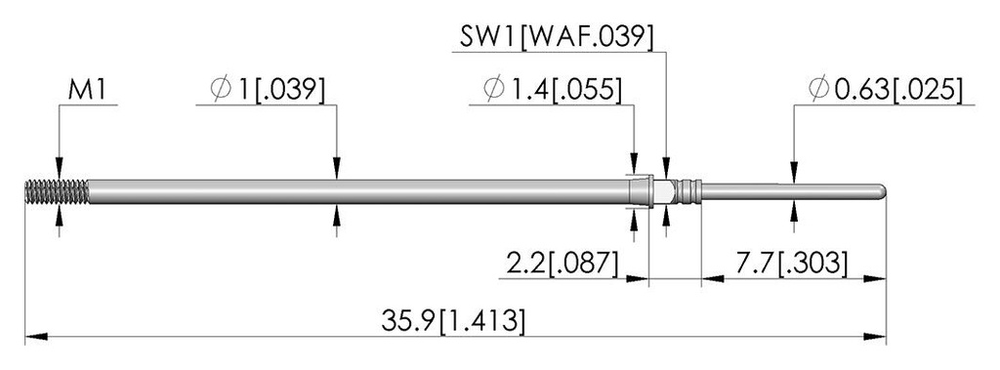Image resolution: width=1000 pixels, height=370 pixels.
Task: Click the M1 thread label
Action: click(88, 92)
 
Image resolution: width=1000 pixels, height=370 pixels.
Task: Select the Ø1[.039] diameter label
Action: click(268, 91)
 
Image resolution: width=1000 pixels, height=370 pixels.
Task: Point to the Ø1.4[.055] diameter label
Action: click(553, 91)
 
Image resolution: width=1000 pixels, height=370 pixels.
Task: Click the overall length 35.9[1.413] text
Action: click(453, 321)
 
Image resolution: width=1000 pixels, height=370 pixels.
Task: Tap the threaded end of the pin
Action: click(57, 192)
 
